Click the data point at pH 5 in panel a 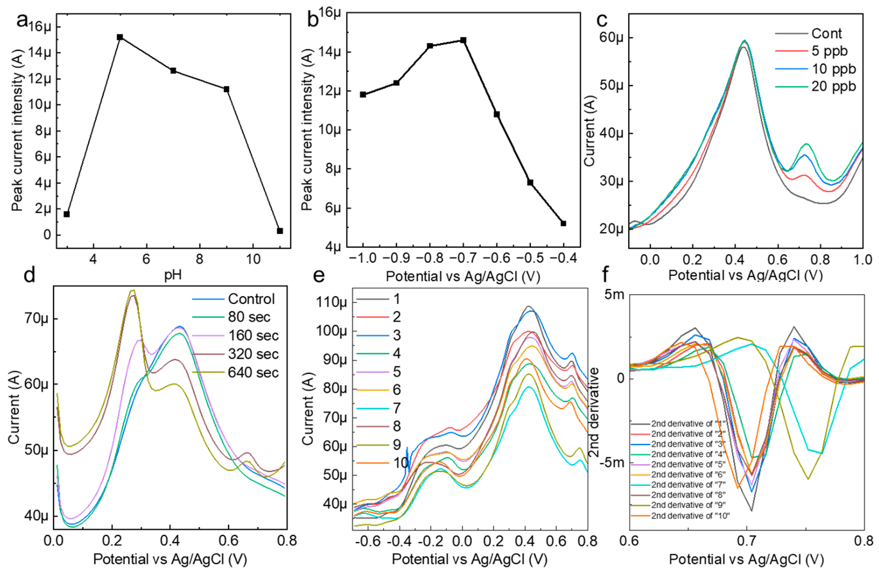pos(120,37)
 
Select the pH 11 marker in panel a pos(280,231)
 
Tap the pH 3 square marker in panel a pos(67,214)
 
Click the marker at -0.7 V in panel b pos(463,40)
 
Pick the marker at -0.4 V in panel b pos(563,223)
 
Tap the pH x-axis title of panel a pos(173,275)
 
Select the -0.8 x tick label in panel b pos(429,259)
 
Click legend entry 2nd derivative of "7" pos(688,485)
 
